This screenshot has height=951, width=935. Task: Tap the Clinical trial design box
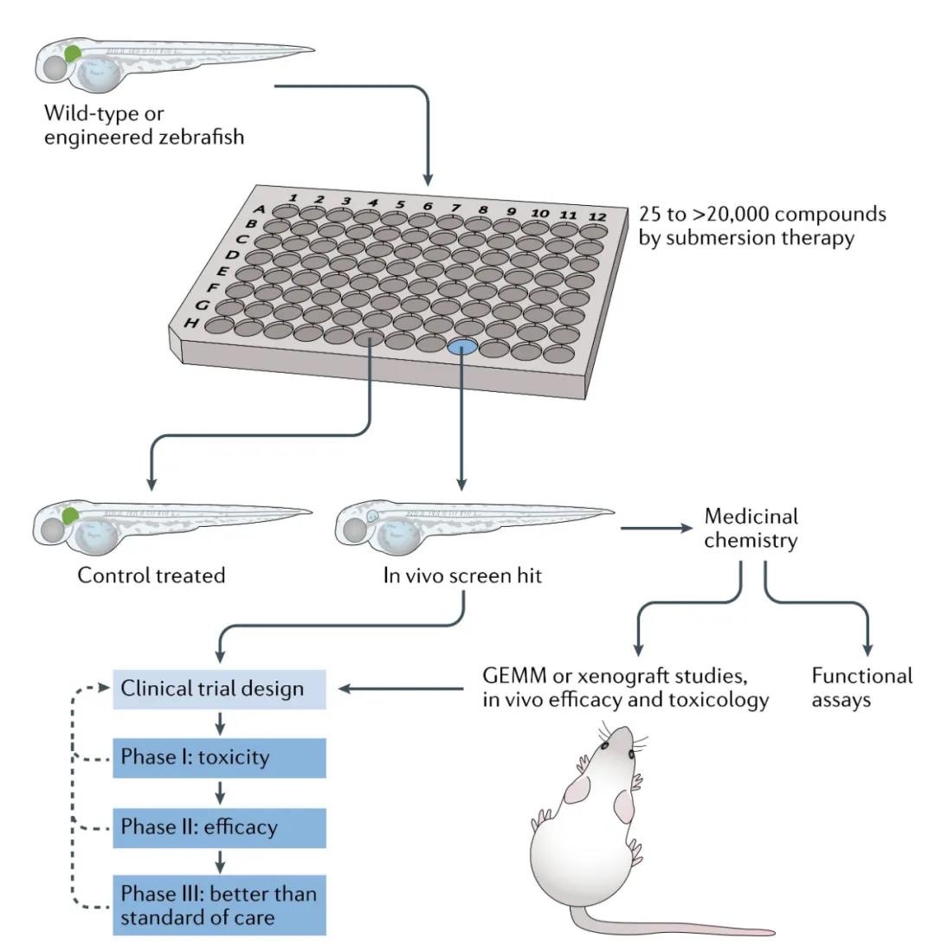pyautogui.click(x=220, y=690)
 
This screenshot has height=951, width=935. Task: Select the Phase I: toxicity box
pyautogui.click(x=220, y=758)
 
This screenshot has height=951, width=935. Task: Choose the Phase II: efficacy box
pyautogui.click(x=220, y=827)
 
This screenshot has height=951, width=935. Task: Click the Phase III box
pyautogui.click(x=220, y=905)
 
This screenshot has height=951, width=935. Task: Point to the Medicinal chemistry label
pyautogui.click(x=751, y=529)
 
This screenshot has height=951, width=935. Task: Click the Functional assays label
pyautogui.click(x=861, y=687)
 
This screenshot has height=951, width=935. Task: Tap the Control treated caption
pyautogui.click(x=152, y=575)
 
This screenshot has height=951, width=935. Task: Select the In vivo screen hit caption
pyautogui.click(x=462, y=575)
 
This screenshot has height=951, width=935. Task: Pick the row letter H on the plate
pyautogui.click(x=190, y=324)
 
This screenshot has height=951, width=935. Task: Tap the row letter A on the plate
pyautogui.click(x=259, y=209)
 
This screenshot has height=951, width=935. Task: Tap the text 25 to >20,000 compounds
pyautogui.click(x=762, y=214)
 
